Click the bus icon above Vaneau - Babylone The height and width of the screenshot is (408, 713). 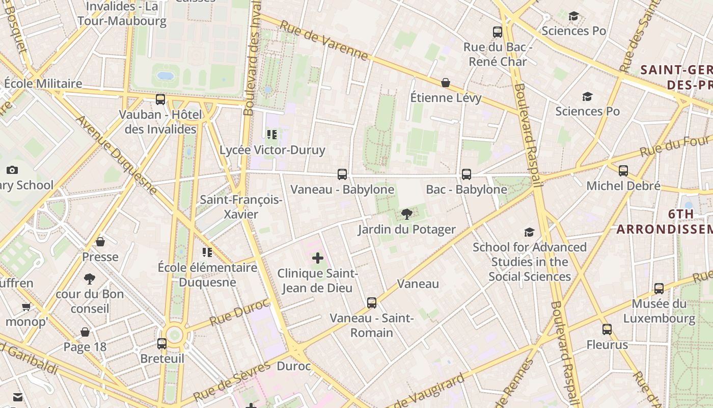coord(342,174)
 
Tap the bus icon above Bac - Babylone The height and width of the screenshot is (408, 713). coord(467,174)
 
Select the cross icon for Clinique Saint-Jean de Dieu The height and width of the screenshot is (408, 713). coord(318,258)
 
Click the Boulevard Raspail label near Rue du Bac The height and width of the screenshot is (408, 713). coord(528,135)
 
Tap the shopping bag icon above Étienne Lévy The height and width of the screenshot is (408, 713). coord(446,83)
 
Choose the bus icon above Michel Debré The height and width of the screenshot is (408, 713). coord(623,171)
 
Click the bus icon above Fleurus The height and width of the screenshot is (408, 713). coord(607,329)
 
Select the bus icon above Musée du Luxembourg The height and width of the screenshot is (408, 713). coord(659,289)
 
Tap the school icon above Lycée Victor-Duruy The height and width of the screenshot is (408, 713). coord(272,135)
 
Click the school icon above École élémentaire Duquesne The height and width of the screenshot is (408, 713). coord(207,252)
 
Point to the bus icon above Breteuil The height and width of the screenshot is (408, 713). coord(162,344)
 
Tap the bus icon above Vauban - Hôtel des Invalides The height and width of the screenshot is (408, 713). coord(160,99)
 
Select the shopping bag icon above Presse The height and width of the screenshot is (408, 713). coord(100,242)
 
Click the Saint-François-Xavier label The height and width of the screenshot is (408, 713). coord(241,207)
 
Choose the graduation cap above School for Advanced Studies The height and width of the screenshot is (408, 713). coord(530,233)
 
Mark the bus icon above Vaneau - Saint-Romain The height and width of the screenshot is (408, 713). coord(372,303)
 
